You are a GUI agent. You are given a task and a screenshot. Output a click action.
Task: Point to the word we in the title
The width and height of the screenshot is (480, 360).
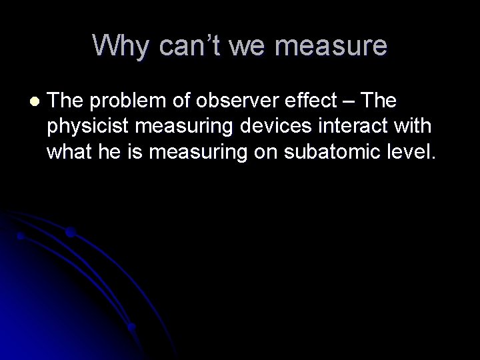point(248,45)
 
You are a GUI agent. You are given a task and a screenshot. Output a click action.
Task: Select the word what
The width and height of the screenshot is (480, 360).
point(67,153)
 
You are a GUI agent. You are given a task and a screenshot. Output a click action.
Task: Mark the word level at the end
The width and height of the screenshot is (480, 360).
point(411,153)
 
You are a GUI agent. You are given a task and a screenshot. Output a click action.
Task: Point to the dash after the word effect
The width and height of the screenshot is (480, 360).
point(351,101)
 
